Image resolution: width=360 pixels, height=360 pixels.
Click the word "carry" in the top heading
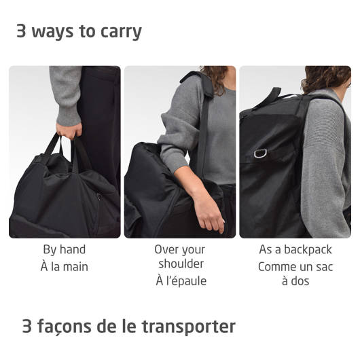pyautogui.click(x=121, y=32)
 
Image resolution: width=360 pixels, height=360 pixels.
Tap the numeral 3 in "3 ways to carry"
pyautogui.click(x=21, y=31)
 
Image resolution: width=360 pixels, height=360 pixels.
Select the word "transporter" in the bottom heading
pyautogui.click(x=189, y=326)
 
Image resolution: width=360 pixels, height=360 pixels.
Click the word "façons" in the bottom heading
pyautogui.click(x=64, y=327)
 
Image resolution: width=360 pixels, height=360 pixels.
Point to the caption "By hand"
pyautogui.click(x=65, y=249)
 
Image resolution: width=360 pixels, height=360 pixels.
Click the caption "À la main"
pyautogui.click(x=65, y=266)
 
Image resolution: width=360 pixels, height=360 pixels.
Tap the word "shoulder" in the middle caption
pyautogui.click(x=181, y=264)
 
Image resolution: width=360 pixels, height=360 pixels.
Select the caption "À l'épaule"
pyautogui.click(x=181, y=281)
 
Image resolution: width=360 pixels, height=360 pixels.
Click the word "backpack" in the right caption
pyautogui.click(x=308, y=249)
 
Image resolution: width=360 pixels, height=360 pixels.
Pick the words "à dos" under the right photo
pyautogui.click(x=295, y=281)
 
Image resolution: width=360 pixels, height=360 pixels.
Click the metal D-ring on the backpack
pyautogui.click(x=260, y=154)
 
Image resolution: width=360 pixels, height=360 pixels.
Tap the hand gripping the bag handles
pyautogui.click(x=69, y=131)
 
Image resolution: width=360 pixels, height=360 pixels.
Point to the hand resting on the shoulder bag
pyautogui.click(x=210, y=213)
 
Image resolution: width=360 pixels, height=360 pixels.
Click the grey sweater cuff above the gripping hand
pyautogui.click(x=69, y=117)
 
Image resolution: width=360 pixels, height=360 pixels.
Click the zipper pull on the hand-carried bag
pyautogui.click(x=99, y=197)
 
